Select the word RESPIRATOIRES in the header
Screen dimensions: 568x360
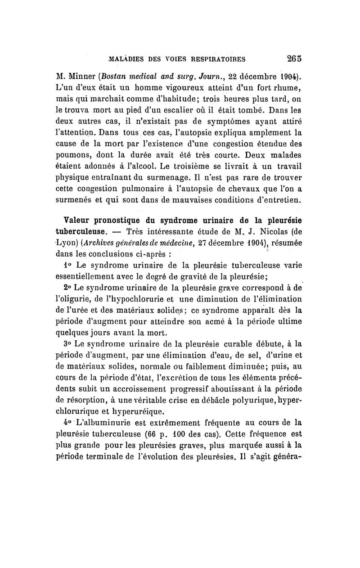[213, 59]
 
